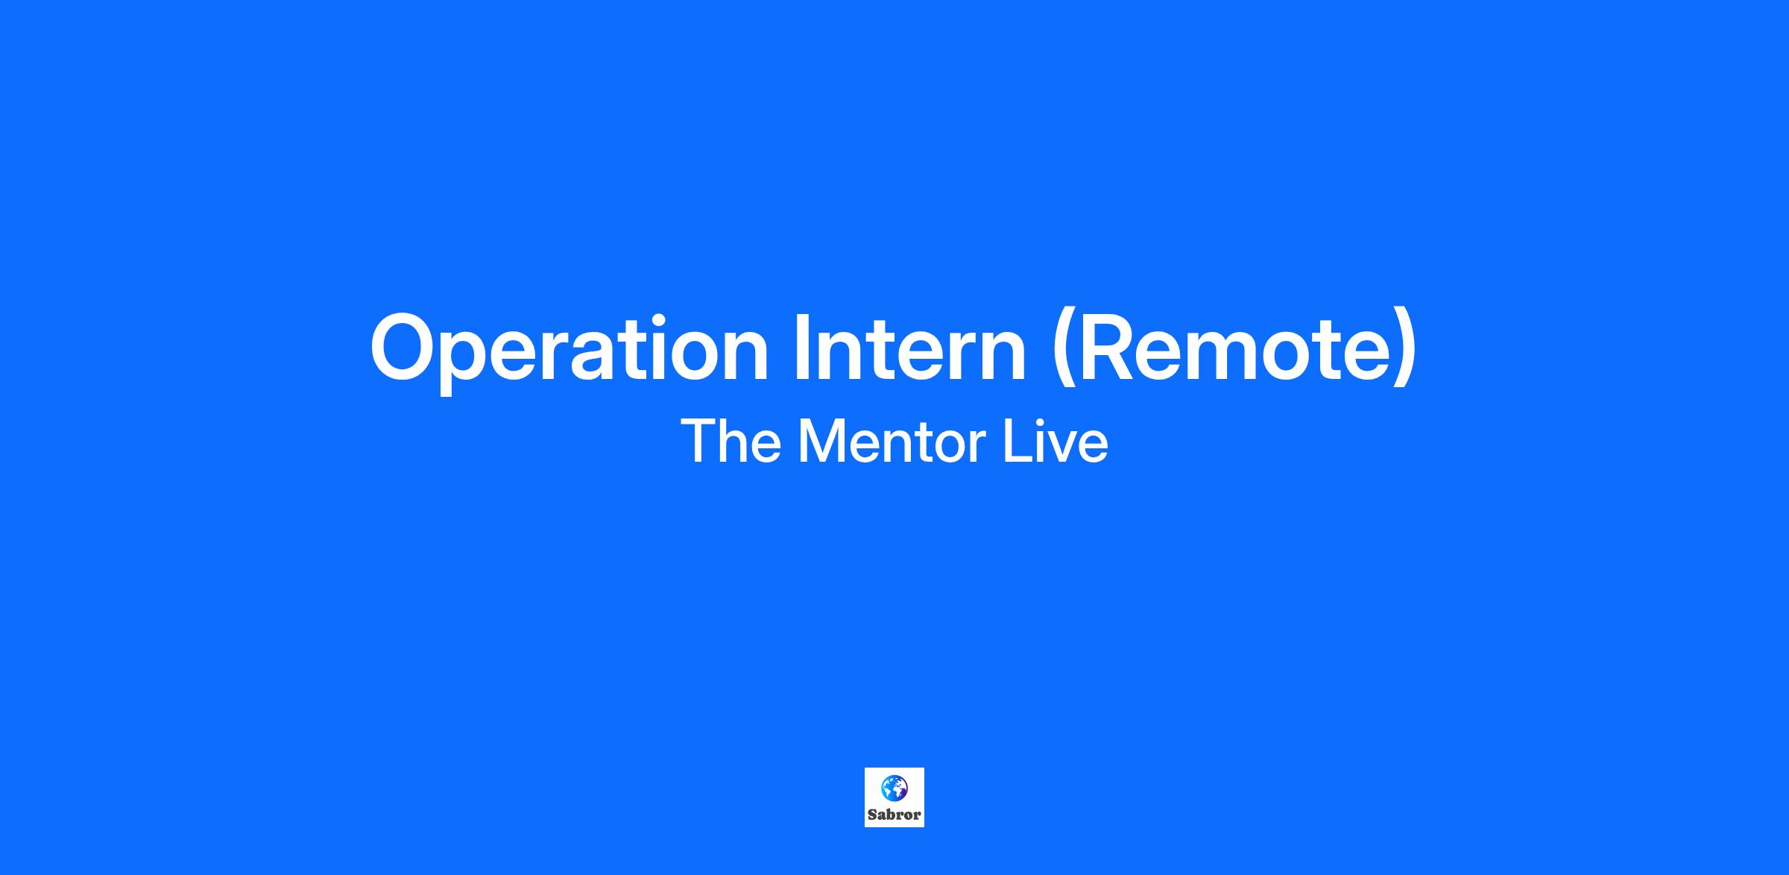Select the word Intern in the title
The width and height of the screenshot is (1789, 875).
coord(910,347)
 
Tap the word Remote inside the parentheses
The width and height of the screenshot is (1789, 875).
coord(1234,347)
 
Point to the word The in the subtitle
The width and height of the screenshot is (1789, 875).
coord(731,442)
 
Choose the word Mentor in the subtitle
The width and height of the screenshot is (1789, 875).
coord(892,442)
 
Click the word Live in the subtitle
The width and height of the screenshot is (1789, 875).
coord(1056,442)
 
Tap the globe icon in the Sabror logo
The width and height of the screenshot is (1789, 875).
coord(894,787)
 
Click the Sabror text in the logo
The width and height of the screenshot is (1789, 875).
coord(894,815)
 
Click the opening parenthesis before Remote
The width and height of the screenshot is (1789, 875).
coord(1062,351)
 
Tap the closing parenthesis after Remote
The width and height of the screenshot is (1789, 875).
coord(1406,351)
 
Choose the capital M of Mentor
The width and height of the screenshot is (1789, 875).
coord(819,442)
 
